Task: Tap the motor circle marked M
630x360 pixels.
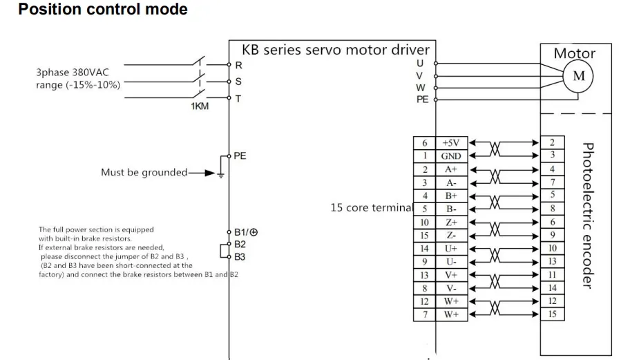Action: tap(577, 77)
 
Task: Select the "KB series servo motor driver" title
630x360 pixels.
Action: tap(335, 50)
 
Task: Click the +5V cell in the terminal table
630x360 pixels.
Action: tap(451, 143)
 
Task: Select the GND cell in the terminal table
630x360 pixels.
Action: tap(451, 156)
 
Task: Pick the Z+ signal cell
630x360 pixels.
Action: tap(451, 222)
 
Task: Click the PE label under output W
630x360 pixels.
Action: tap(422, 100)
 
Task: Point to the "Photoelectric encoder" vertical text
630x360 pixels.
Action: tap(587, 216)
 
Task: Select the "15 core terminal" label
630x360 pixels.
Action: tap(372, 207)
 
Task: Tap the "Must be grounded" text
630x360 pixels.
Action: tap(144, 173)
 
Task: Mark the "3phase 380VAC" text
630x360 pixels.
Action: tap(78, 72)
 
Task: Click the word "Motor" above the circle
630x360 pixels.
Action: tap(574, 53)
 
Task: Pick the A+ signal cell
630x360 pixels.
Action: tap(451, 169)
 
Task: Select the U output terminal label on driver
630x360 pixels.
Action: tap(420, 64)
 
